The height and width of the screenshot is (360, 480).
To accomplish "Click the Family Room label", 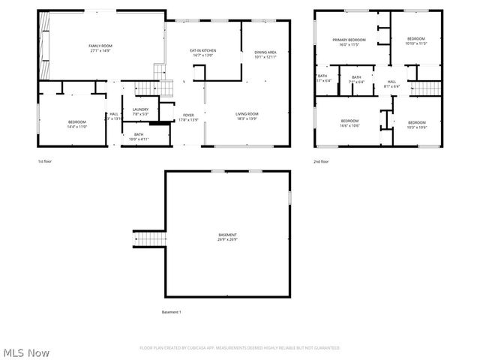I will point(101,48).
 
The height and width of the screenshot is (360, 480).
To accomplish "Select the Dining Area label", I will point(265,54).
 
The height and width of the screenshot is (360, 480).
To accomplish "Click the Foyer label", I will point(188,116).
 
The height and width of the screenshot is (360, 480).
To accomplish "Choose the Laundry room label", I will point(140,112).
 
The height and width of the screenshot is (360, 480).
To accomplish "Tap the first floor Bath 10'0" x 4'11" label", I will point(139,136).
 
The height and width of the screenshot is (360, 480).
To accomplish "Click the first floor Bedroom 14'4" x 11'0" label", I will point(77,124).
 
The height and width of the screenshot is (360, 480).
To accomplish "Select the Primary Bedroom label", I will point(349,42).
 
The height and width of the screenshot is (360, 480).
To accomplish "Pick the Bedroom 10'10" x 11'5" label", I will point(415,41).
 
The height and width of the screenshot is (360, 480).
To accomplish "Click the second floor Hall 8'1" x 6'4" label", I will point(391,83).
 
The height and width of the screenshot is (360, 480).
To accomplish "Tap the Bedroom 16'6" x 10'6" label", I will point(349,123).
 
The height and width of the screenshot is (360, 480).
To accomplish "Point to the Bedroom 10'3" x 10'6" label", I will point(416,124).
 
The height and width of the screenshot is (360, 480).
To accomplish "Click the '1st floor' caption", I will point(45,161).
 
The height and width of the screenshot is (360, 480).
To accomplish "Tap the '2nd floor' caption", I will point(321,161).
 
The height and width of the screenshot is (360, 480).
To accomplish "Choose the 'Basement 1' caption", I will point(172,312).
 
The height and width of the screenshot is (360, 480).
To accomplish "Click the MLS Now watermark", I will point(27,352).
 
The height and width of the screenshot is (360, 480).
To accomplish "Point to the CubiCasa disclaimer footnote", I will point(240,348).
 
